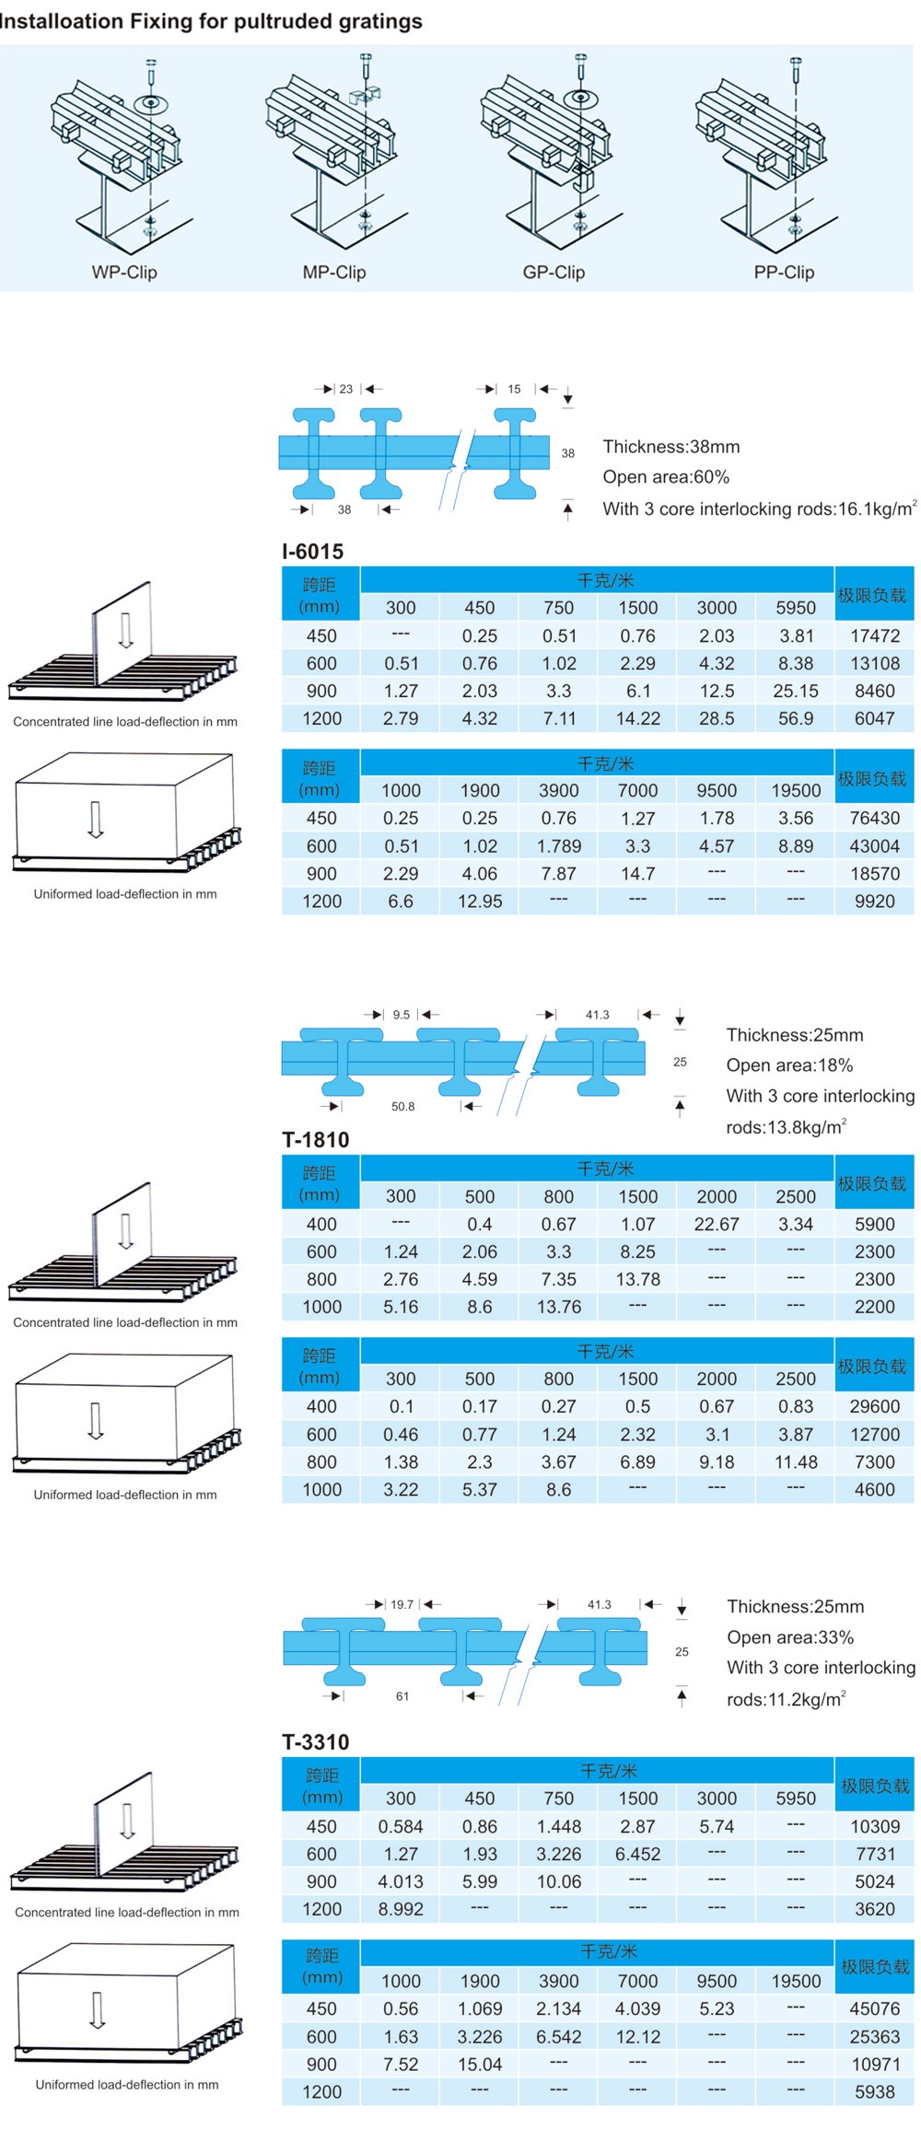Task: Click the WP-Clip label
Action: (x=124, y=273)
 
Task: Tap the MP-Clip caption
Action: (x=334, y=273)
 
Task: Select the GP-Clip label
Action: (x=554, y=273)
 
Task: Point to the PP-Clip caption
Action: (x=784, y=273)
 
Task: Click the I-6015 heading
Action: (x=313, y=552)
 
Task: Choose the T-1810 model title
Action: (x=316, y=1140)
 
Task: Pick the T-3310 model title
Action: (x=316, y=1742)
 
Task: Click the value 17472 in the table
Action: (x=874, y=635)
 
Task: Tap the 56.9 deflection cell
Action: (x=796, y=718)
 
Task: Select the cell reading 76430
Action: (x=874, y=818)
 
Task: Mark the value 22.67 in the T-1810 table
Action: (x=717, y=1224)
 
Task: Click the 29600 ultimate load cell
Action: (x=874, y=1406)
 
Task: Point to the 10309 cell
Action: (x=874, y=1826)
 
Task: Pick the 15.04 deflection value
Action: (x=480, y=2065)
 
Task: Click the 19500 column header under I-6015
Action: (x=796, y=790)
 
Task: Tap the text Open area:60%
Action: (x=666, y=477)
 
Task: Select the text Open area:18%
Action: (x=789, y=1065)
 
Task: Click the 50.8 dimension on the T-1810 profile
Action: (x=402, y=1107)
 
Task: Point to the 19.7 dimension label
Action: (x=402, y=1604)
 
